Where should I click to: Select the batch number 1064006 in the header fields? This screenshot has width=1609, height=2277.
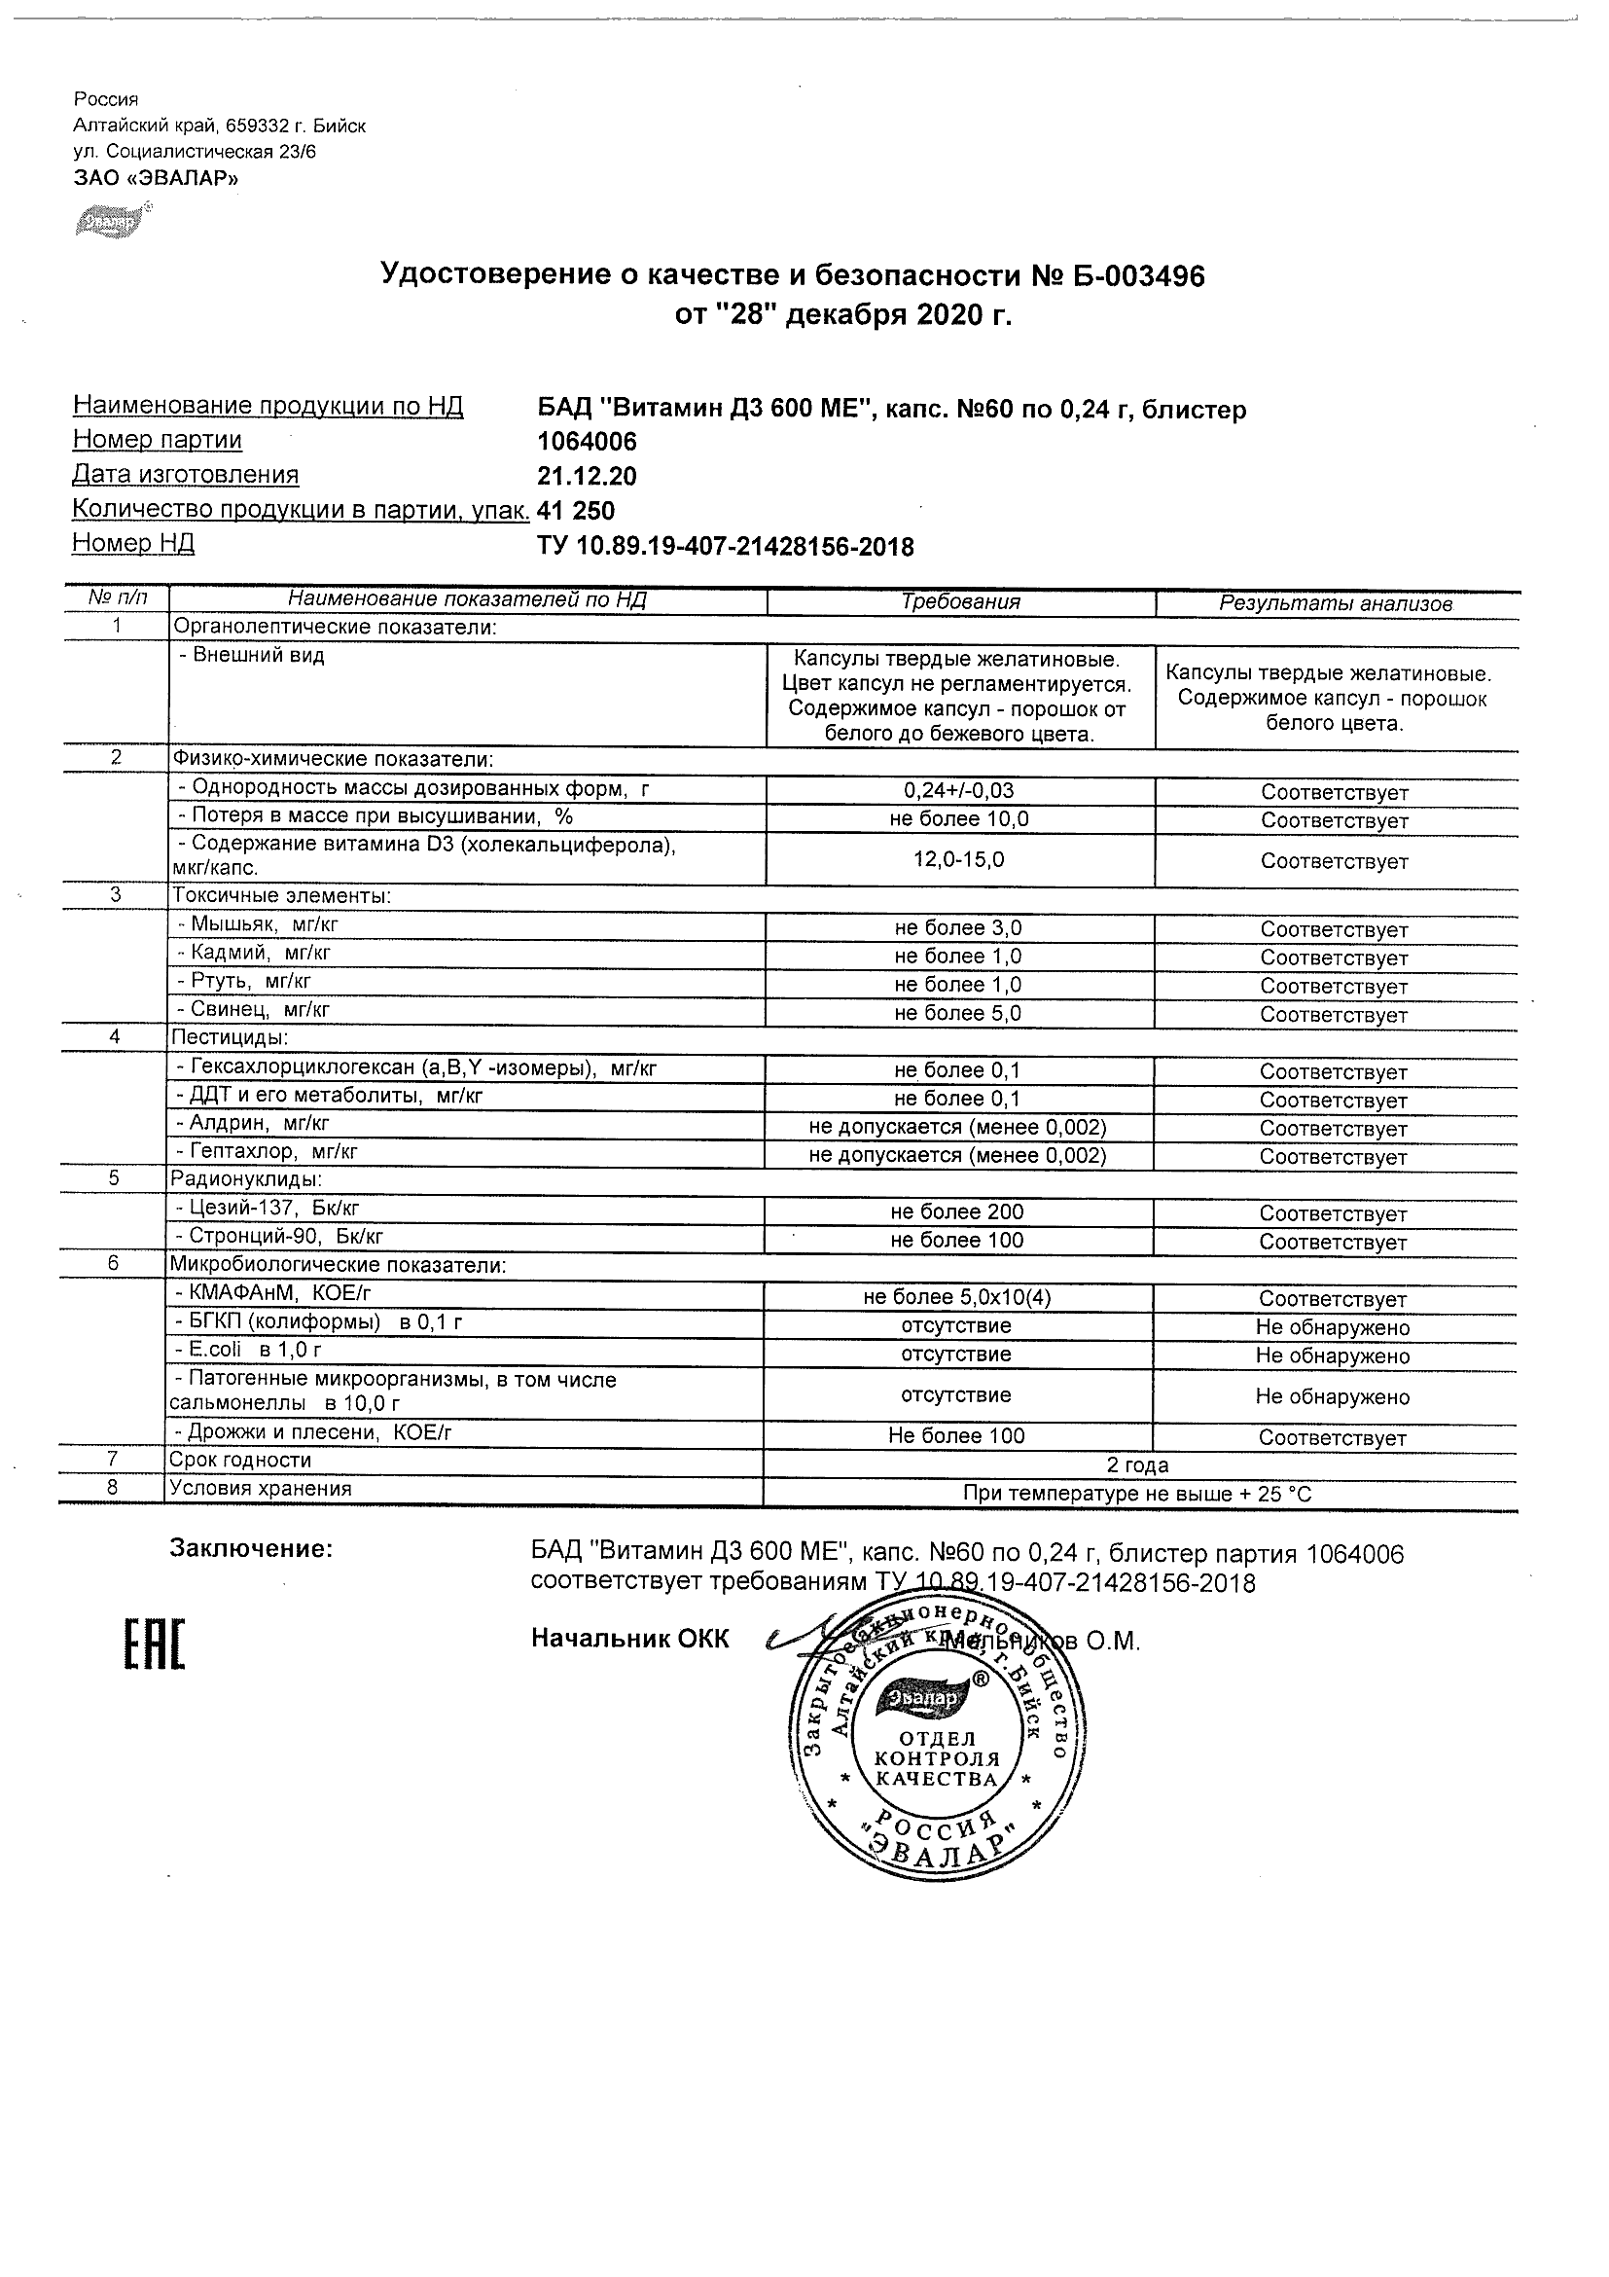[x=587, y=442]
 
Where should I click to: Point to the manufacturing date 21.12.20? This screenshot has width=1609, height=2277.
[x=587, y=476]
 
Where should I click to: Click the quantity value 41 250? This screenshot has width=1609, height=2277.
[x=575, y=511]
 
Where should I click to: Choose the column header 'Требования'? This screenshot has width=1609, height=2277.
[x=959, y=602]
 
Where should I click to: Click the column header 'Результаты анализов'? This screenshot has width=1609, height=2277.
[x=1336, y=603]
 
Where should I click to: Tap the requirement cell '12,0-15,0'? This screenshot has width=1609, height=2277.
[x=958, y=859]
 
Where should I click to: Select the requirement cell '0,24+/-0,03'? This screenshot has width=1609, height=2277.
[x=958, y=790]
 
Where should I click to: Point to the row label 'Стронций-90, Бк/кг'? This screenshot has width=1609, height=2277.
[x=280, y=1237]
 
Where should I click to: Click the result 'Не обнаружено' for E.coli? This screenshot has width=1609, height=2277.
[x=1333, y=1355]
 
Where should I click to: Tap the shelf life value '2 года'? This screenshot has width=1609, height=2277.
[x=1137, y=1464]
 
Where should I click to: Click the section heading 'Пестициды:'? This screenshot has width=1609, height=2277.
[x=231, y=1037]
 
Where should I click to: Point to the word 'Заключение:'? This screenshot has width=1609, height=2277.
[x=252, y=1549]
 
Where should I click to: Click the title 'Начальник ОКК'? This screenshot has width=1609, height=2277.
[x=629, y=1639]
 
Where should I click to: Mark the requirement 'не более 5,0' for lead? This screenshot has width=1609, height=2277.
[x=957, y=1013]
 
